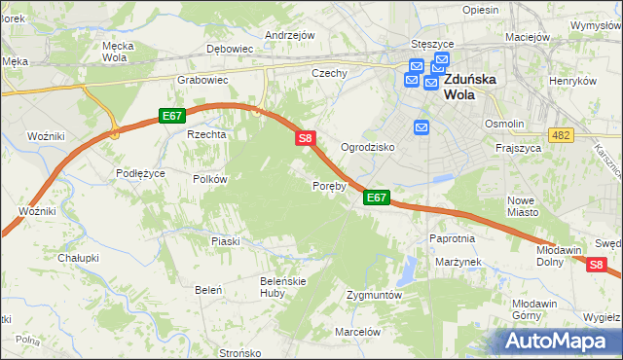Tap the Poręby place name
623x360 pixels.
point(329,185)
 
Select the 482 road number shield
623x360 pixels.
point(560,134)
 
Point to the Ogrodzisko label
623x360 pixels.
point(366,147)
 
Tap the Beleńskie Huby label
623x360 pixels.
point(257,287)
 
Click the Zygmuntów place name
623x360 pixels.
point(374,294)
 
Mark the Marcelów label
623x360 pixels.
point(356,331)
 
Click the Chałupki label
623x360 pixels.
point(79,258)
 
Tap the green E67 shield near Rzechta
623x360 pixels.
point(172,116)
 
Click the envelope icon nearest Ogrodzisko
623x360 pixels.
point(421,127)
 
